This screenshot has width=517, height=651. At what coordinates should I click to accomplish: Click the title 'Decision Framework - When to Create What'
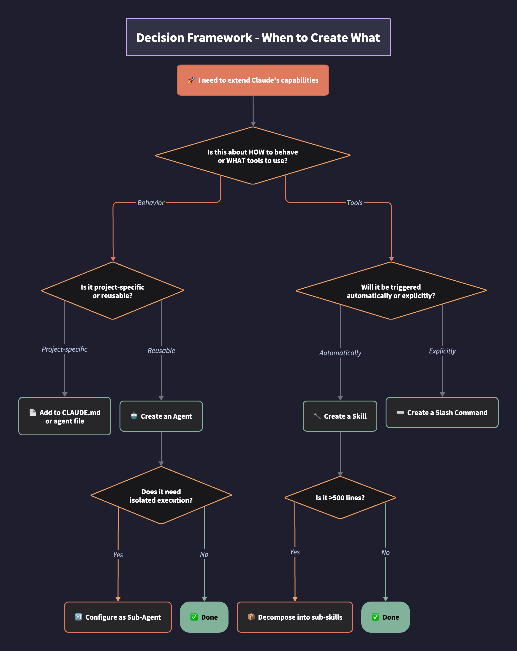click(258, 38)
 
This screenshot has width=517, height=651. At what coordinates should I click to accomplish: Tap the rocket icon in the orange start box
click(191, 80)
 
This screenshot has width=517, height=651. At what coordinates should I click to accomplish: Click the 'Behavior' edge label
click(151, 203)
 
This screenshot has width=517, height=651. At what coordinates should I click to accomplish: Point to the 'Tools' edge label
click(354, 203)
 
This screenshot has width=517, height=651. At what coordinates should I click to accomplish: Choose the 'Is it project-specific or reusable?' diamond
click(113, 291)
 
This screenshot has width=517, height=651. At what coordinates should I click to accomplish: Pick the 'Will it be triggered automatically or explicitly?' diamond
click(391, 291)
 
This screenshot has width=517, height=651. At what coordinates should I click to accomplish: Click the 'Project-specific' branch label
click(64, 349)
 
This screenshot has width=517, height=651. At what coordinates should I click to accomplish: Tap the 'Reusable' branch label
click(161, 350)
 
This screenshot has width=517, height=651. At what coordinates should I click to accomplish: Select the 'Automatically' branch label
click(340, 353)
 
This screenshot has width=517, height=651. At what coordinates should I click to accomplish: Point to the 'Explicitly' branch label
click(442, 351)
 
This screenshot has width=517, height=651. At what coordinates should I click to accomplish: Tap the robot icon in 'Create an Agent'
click(134, 416)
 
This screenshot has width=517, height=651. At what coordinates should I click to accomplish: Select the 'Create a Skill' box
click(340, 416)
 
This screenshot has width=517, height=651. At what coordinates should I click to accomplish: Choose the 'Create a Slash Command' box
click(442, 413)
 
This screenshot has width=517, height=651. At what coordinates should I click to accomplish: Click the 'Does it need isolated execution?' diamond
click(161, 496)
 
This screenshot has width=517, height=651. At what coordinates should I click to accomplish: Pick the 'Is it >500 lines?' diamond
click(340, 498)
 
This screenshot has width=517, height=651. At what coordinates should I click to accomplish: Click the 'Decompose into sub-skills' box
click(295, 617)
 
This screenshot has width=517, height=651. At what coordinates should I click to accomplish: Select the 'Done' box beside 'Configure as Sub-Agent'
click(204, 617)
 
